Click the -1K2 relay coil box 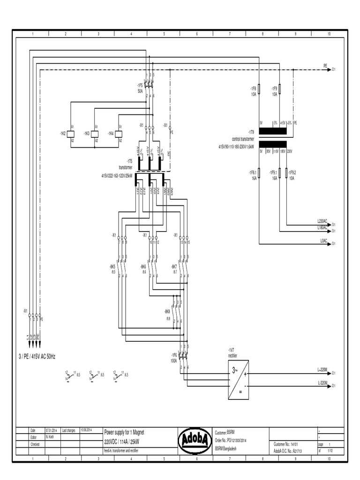[x=72, y=133]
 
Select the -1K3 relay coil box [x=96, y=133]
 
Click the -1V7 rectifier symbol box [x=238, y=380]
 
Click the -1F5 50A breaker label [x=140, y=88]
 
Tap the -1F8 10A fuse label [x=253, y=90]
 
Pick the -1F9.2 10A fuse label [x=292, y=175]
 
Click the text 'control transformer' [x=243, y=139]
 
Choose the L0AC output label [x=323, y=240]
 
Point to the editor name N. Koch [x=50, y=436]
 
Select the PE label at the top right [x=325, y=66]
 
